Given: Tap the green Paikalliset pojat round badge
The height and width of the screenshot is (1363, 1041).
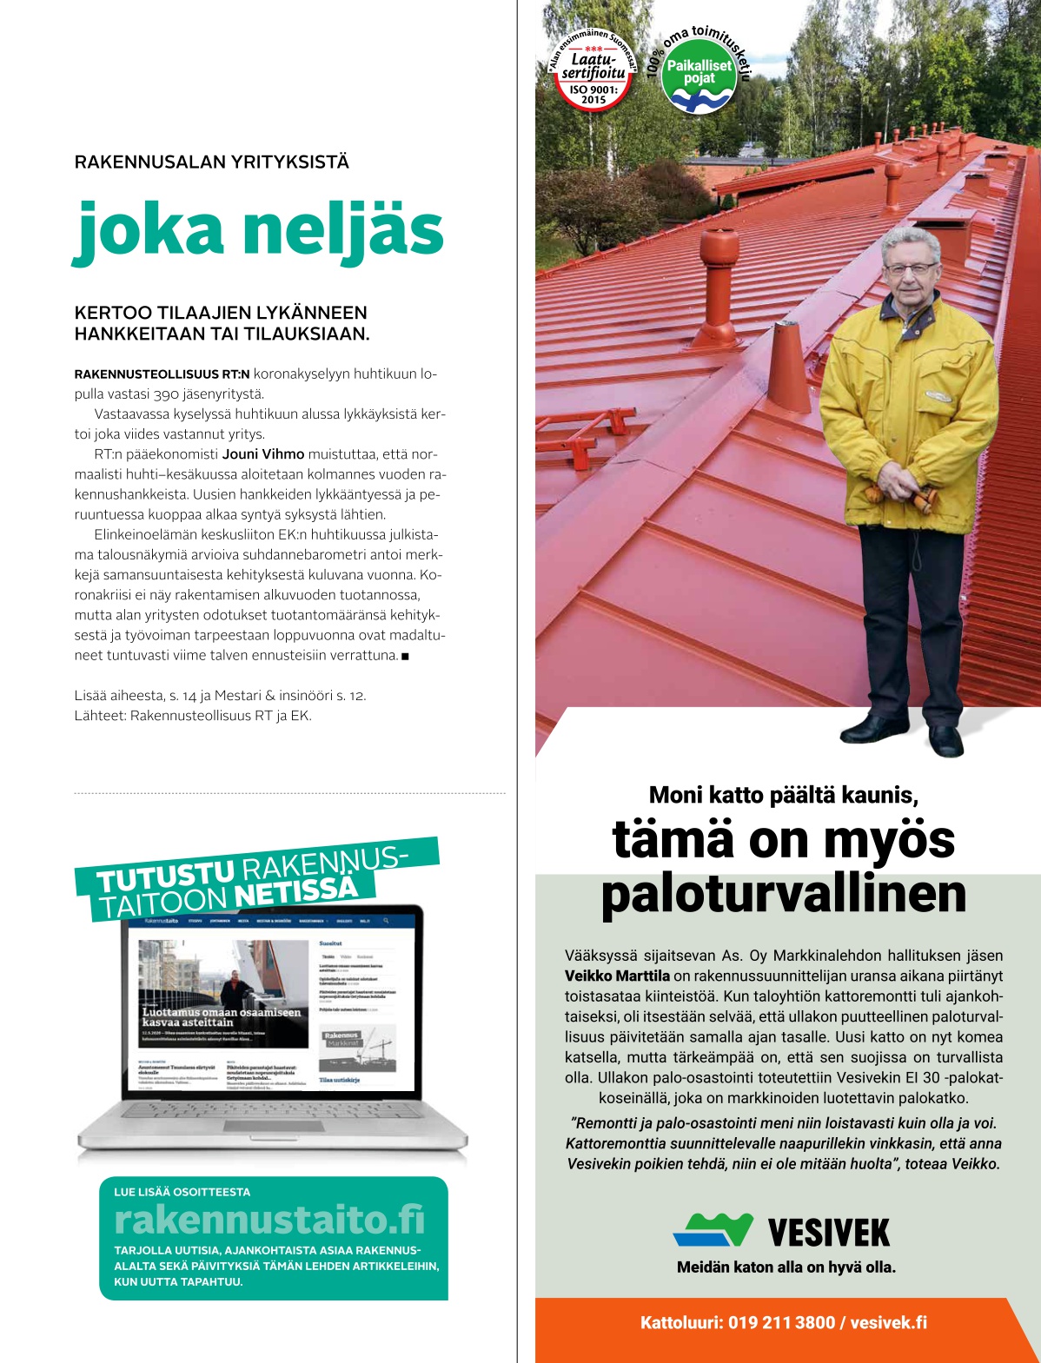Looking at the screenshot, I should pyautogui.click(x=699, y=76).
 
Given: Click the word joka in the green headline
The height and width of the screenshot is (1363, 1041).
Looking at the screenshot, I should pyautogui.click(x=149, y=231).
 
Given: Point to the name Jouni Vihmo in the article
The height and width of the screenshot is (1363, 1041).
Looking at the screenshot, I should pyautogui.click(x=263, y=454).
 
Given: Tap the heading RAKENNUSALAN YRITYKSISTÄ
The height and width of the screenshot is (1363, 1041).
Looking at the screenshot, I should pyautogui.click(x=212, y=162).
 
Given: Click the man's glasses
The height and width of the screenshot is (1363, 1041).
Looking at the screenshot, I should pyautogui.click(x=910, y=268).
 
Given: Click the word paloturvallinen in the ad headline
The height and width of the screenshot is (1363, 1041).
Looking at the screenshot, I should pyautogui.click(x=783, y=895).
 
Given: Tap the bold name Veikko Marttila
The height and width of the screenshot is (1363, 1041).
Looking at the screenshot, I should pyautogui.click(x=617, y=976).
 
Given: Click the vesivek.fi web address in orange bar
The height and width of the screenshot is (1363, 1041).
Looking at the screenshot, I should pyautogui.click(x=888, y=1323).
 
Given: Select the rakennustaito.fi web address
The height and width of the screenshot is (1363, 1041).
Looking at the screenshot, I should pyautogui.click(x=269, y=1221).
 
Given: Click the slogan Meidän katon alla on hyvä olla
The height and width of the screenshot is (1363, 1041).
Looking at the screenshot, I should pyautogui.click(x=786, y=1267).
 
